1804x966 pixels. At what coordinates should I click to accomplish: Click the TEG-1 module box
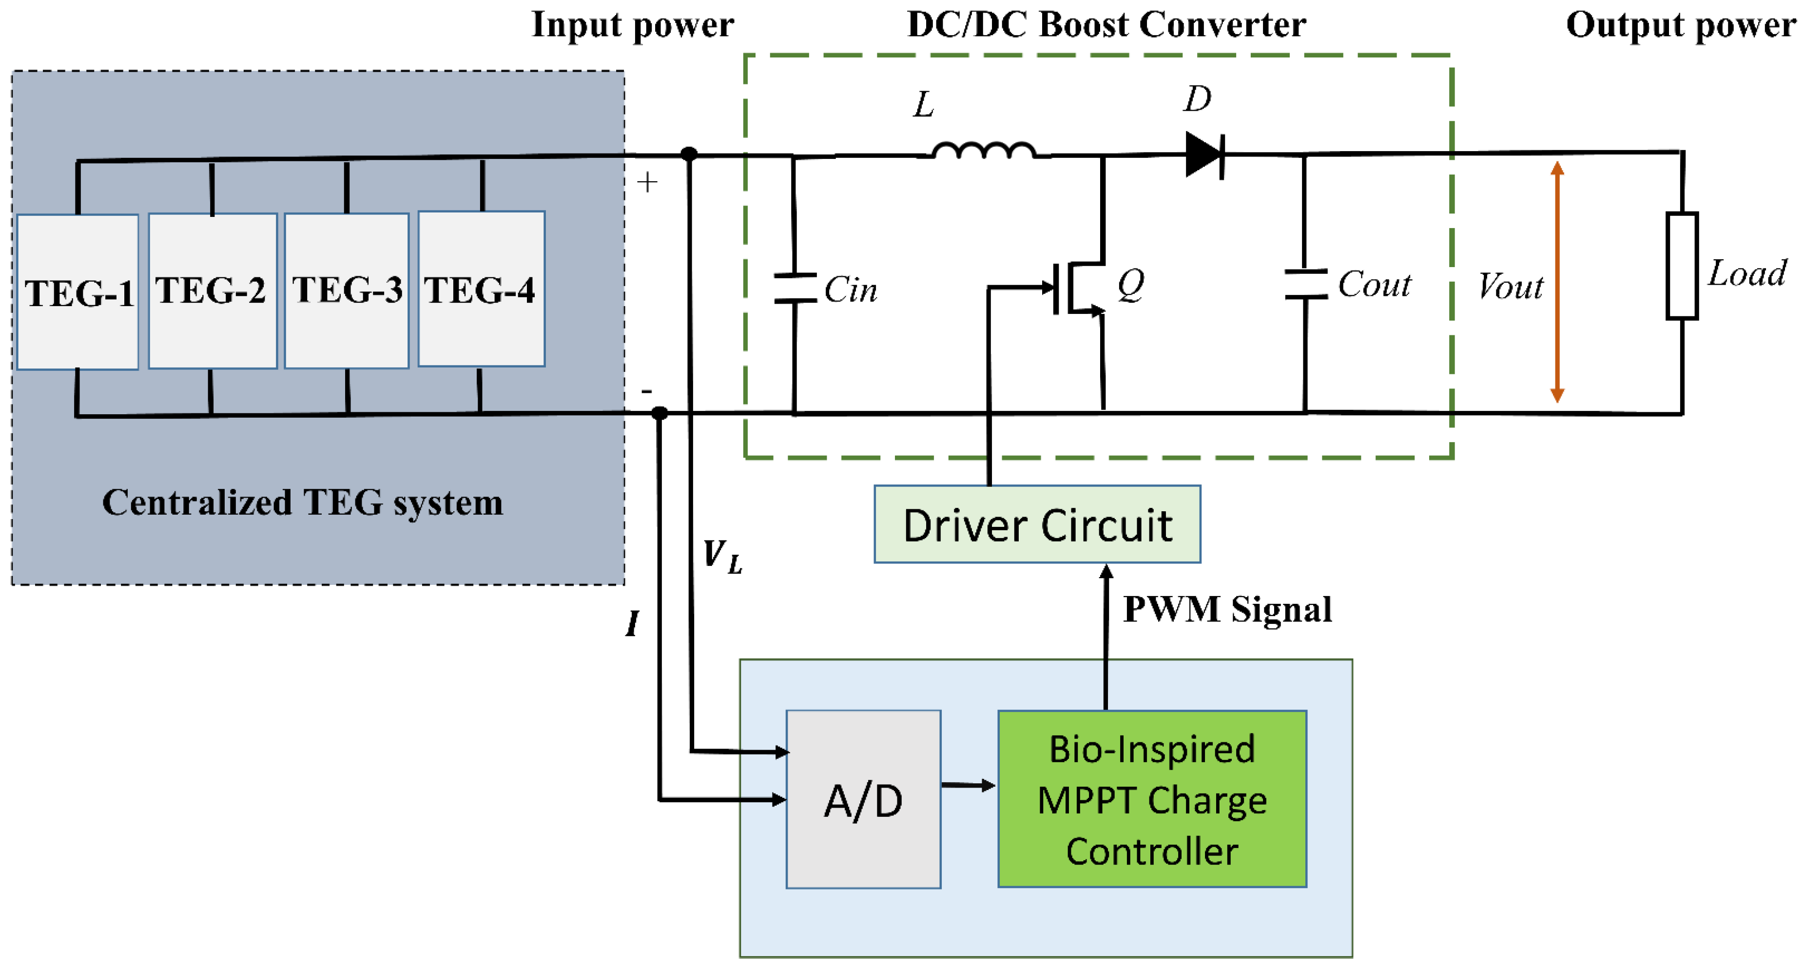[x=77, y=292]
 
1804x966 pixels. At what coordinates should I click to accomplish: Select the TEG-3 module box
[x=347, y=290]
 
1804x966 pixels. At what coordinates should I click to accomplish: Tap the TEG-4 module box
[x=481, y=289]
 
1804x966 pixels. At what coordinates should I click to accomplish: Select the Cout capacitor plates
[x=1306, y=284]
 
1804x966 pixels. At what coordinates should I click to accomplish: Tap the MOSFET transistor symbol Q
[x=1079, y=287]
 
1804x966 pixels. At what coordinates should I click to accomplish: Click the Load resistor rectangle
[x=1682, y=266]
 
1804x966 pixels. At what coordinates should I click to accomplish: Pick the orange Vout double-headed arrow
[x=1557, y=282]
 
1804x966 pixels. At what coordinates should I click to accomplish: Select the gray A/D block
[x=863, y=799]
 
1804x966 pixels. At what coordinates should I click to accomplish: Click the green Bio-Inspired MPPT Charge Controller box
[x=1152, y=799]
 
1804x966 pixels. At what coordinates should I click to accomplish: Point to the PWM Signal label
[x=1227, y=609]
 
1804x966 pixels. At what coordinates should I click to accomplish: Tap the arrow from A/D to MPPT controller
[x=969, y=785]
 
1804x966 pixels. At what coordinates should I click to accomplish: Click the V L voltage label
[x=722, y=557]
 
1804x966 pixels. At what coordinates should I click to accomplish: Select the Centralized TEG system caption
[x=303, y=502]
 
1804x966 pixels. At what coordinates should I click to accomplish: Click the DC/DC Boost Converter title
[x=1106, y=25]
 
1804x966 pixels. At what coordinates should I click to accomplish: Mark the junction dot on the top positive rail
[x=689, y=154]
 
